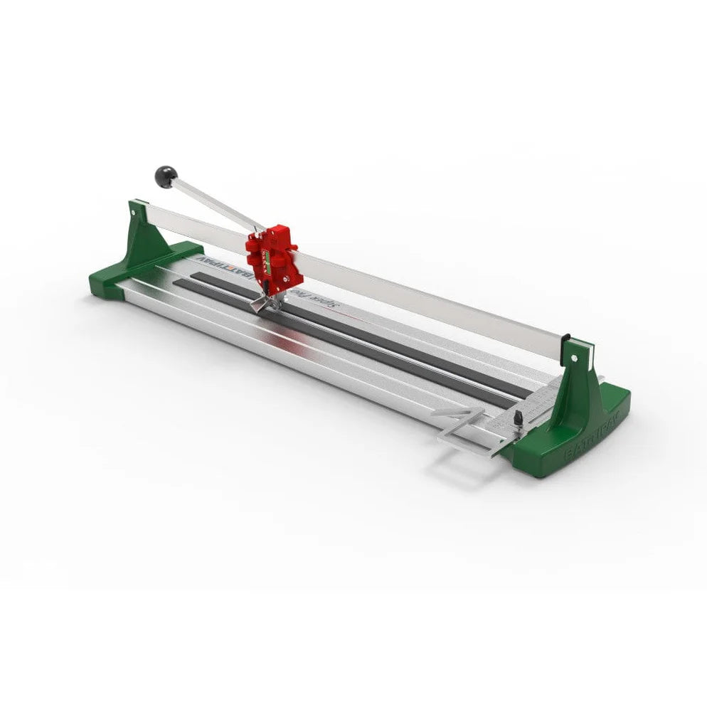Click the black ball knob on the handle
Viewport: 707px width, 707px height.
166,176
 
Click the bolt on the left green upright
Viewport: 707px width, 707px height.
133,211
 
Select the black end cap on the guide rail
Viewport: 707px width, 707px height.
566,341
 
